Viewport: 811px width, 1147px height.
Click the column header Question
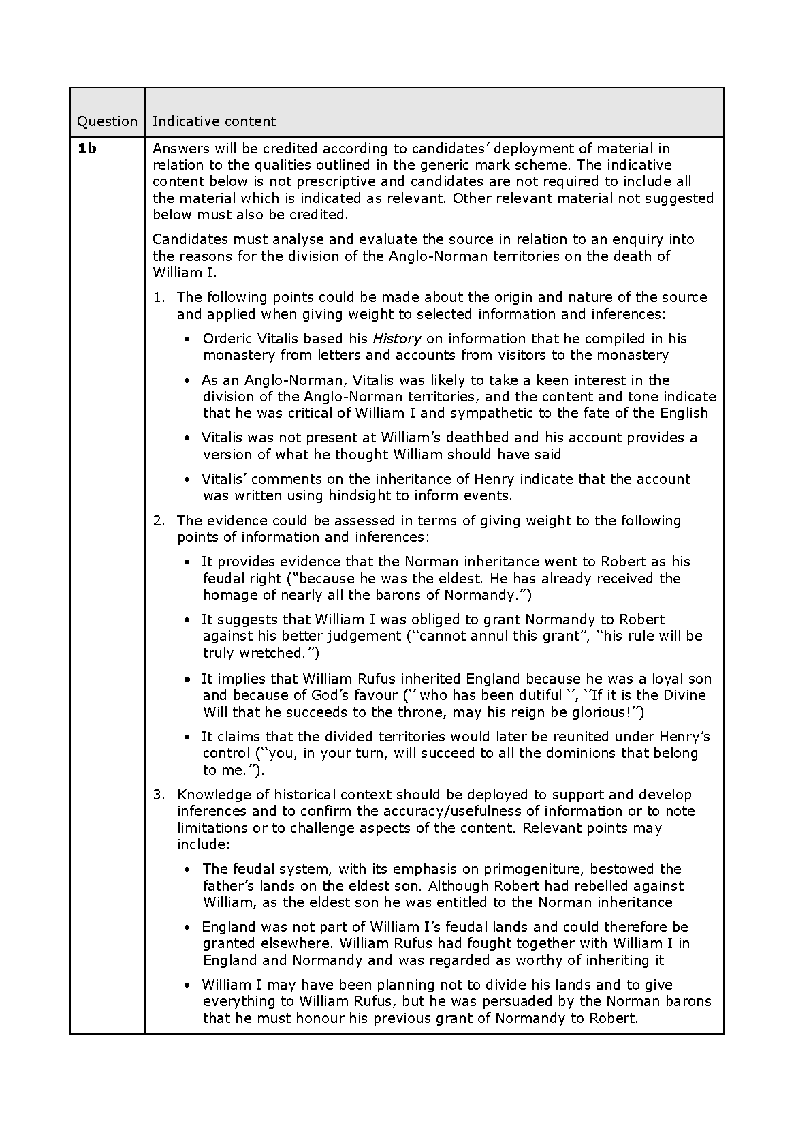click(107, 121)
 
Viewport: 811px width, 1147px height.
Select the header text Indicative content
click(214, 121)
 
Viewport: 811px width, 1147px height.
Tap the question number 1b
click(86, 149)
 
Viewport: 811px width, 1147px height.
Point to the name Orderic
click(227, 339)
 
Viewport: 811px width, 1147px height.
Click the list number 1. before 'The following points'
click(159, 297)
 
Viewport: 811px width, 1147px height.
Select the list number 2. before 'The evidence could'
click(159, 521)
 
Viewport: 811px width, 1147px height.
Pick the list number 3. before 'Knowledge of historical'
click(159, 795)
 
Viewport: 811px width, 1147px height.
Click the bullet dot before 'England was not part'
click(188, 928)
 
